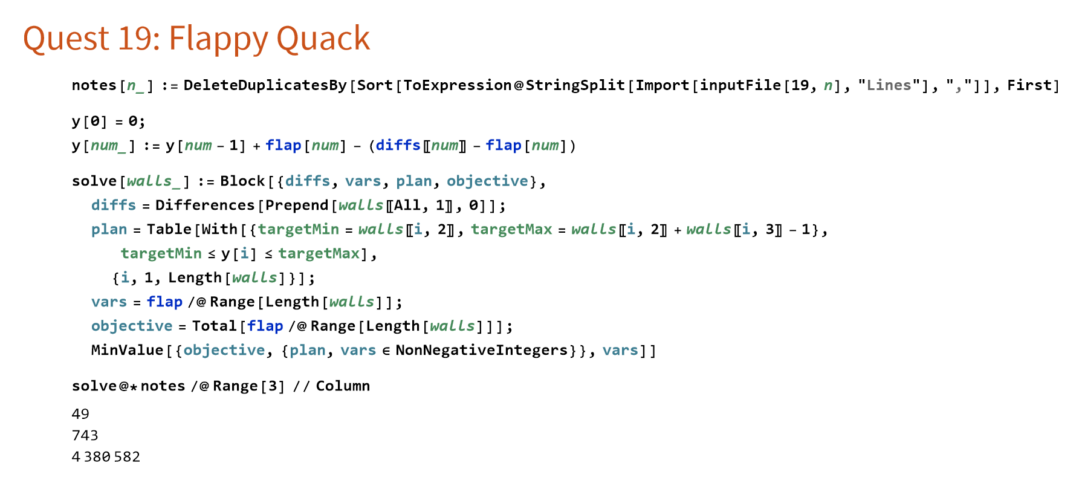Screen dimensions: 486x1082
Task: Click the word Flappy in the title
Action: [x=218, y=39]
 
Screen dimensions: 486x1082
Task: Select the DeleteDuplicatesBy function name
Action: [x=265, y=85]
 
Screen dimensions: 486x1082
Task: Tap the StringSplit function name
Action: [x=575, y=85]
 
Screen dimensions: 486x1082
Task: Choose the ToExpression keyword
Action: [x=458, y=85]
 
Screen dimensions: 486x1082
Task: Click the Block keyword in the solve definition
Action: [x=242, y=181]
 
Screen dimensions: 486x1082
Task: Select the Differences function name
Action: [x=205, y=206]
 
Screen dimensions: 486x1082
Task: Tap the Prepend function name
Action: [x=297, y=206]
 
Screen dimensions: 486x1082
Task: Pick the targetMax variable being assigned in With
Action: [x=511, y=230]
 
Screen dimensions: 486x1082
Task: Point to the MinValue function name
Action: [x=127, y=351]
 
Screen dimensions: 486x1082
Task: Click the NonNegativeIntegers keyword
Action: [x=481, y=351]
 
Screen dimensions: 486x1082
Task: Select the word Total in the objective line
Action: [x=215, y=326]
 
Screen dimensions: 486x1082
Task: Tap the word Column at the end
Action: [x=343, y=386]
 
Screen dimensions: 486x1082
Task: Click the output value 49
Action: [x=80, y=414]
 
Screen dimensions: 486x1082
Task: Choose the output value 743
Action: [x=85, y=435]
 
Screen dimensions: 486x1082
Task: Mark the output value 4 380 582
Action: [x=106, y=457]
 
